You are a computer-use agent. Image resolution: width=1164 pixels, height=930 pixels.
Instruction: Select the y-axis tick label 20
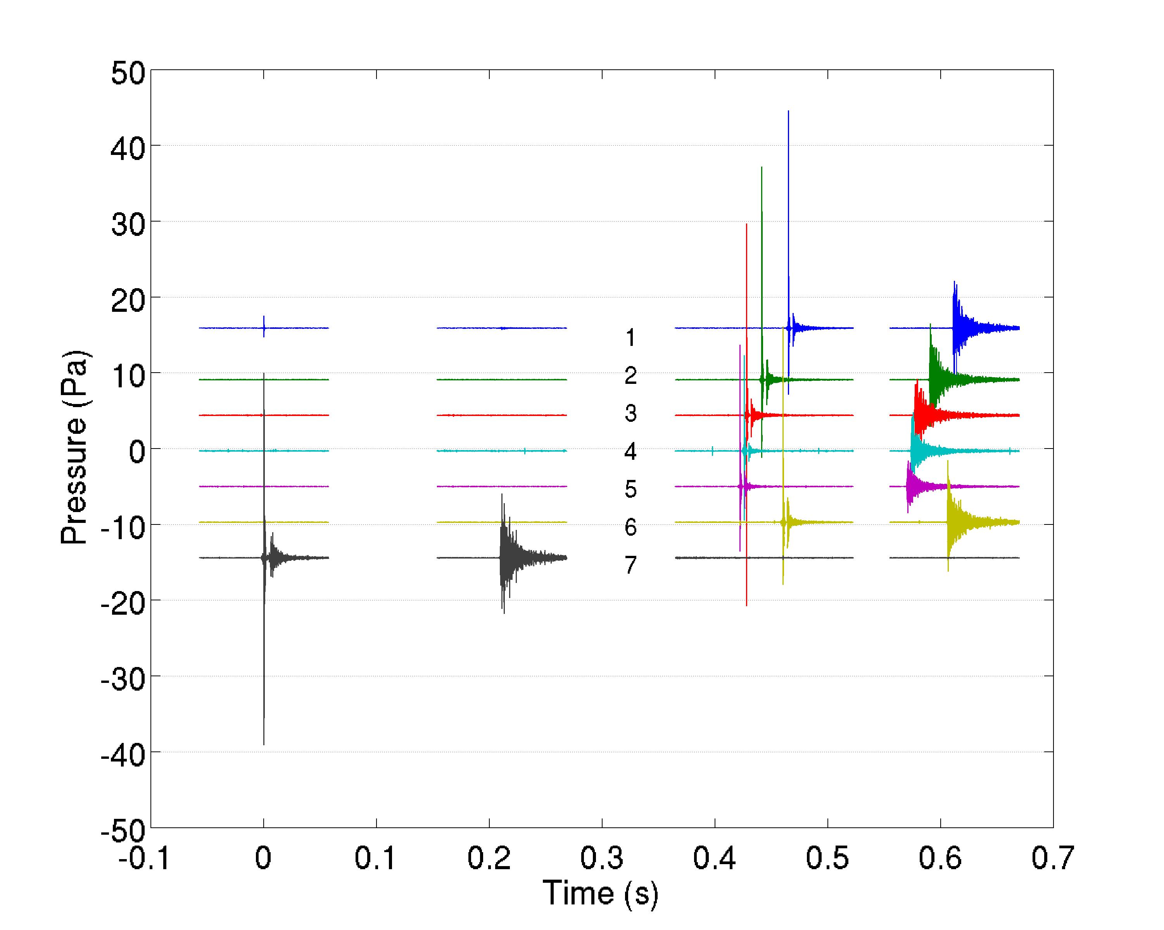click(x=128, y=301)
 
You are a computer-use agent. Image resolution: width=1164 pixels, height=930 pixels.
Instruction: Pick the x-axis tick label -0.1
click(x=144, y=858)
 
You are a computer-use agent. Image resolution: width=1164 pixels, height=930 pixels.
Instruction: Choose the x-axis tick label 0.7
click(x=1053, y=858)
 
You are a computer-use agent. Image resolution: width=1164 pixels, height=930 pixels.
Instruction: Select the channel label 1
click(x=630, y=338)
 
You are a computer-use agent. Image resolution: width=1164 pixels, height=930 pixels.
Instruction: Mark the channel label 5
click(x=630, y=489)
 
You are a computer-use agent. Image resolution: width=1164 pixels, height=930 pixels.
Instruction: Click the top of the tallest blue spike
click(x=788, y=111)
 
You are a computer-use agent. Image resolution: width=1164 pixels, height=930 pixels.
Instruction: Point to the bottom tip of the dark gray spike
click(x=263, y=744)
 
